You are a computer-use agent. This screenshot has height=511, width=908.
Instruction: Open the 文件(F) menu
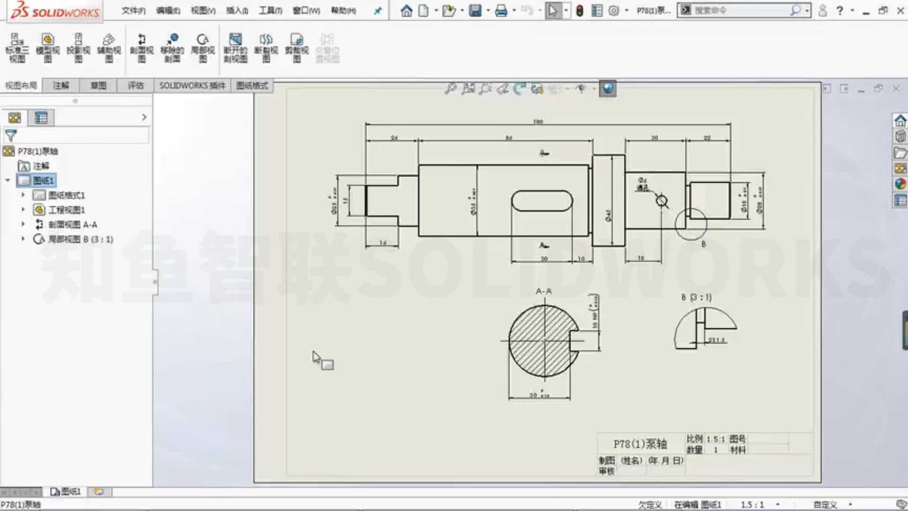tap(133, 10)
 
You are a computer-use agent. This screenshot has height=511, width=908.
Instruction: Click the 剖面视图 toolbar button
tap(141, 48)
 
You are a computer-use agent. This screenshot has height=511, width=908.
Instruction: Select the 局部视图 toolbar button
tap(202, 48)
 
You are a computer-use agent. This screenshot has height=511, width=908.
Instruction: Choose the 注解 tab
tap(61, 86)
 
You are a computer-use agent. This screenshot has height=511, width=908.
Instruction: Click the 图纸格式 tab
tap(252, 86)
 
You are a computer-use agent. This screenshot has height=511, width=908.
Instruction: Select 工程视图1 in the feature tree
tap(66, 210)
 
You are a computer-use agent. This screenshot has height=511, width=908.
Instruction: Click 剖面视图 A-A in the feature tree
tap(72, 225)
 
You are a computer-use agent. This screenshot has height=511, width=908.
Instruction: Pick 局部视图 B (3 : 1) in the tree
tap(80, 239)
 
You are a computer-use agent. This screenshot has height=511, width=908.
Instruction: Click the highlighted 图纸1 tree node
tap(43, 181)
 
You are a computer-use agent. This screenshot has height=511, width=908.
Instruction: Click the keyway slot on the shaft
tap(541, 201)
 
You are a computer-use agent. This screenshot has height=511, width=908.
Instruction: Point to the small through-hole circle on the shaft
tap(662, 201)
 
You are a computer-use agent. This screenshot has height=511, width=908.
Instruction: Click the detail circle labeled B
tap(690, 224)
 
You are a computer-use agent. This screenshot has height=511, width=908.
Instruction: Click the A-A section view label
tap(543, 291)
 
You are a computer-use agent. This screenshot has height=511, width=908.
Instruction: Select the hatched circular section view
tap(539, 341)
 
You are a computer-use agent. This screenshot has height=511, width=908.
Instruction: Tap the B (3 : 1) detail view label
tap(696, 297)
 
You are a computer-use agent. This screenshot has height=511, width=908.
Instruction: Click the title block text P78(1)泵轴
tap(640, 444)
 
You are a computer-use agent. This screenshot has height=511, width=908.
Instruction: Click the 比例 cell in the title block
tap(694, 439)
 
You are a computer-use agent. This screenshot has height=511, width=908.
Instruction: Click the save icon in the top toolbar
tap(475, 10)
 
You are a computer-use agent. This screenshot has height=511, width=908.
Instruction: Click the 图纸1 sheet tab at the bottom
tap(66, 492)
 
